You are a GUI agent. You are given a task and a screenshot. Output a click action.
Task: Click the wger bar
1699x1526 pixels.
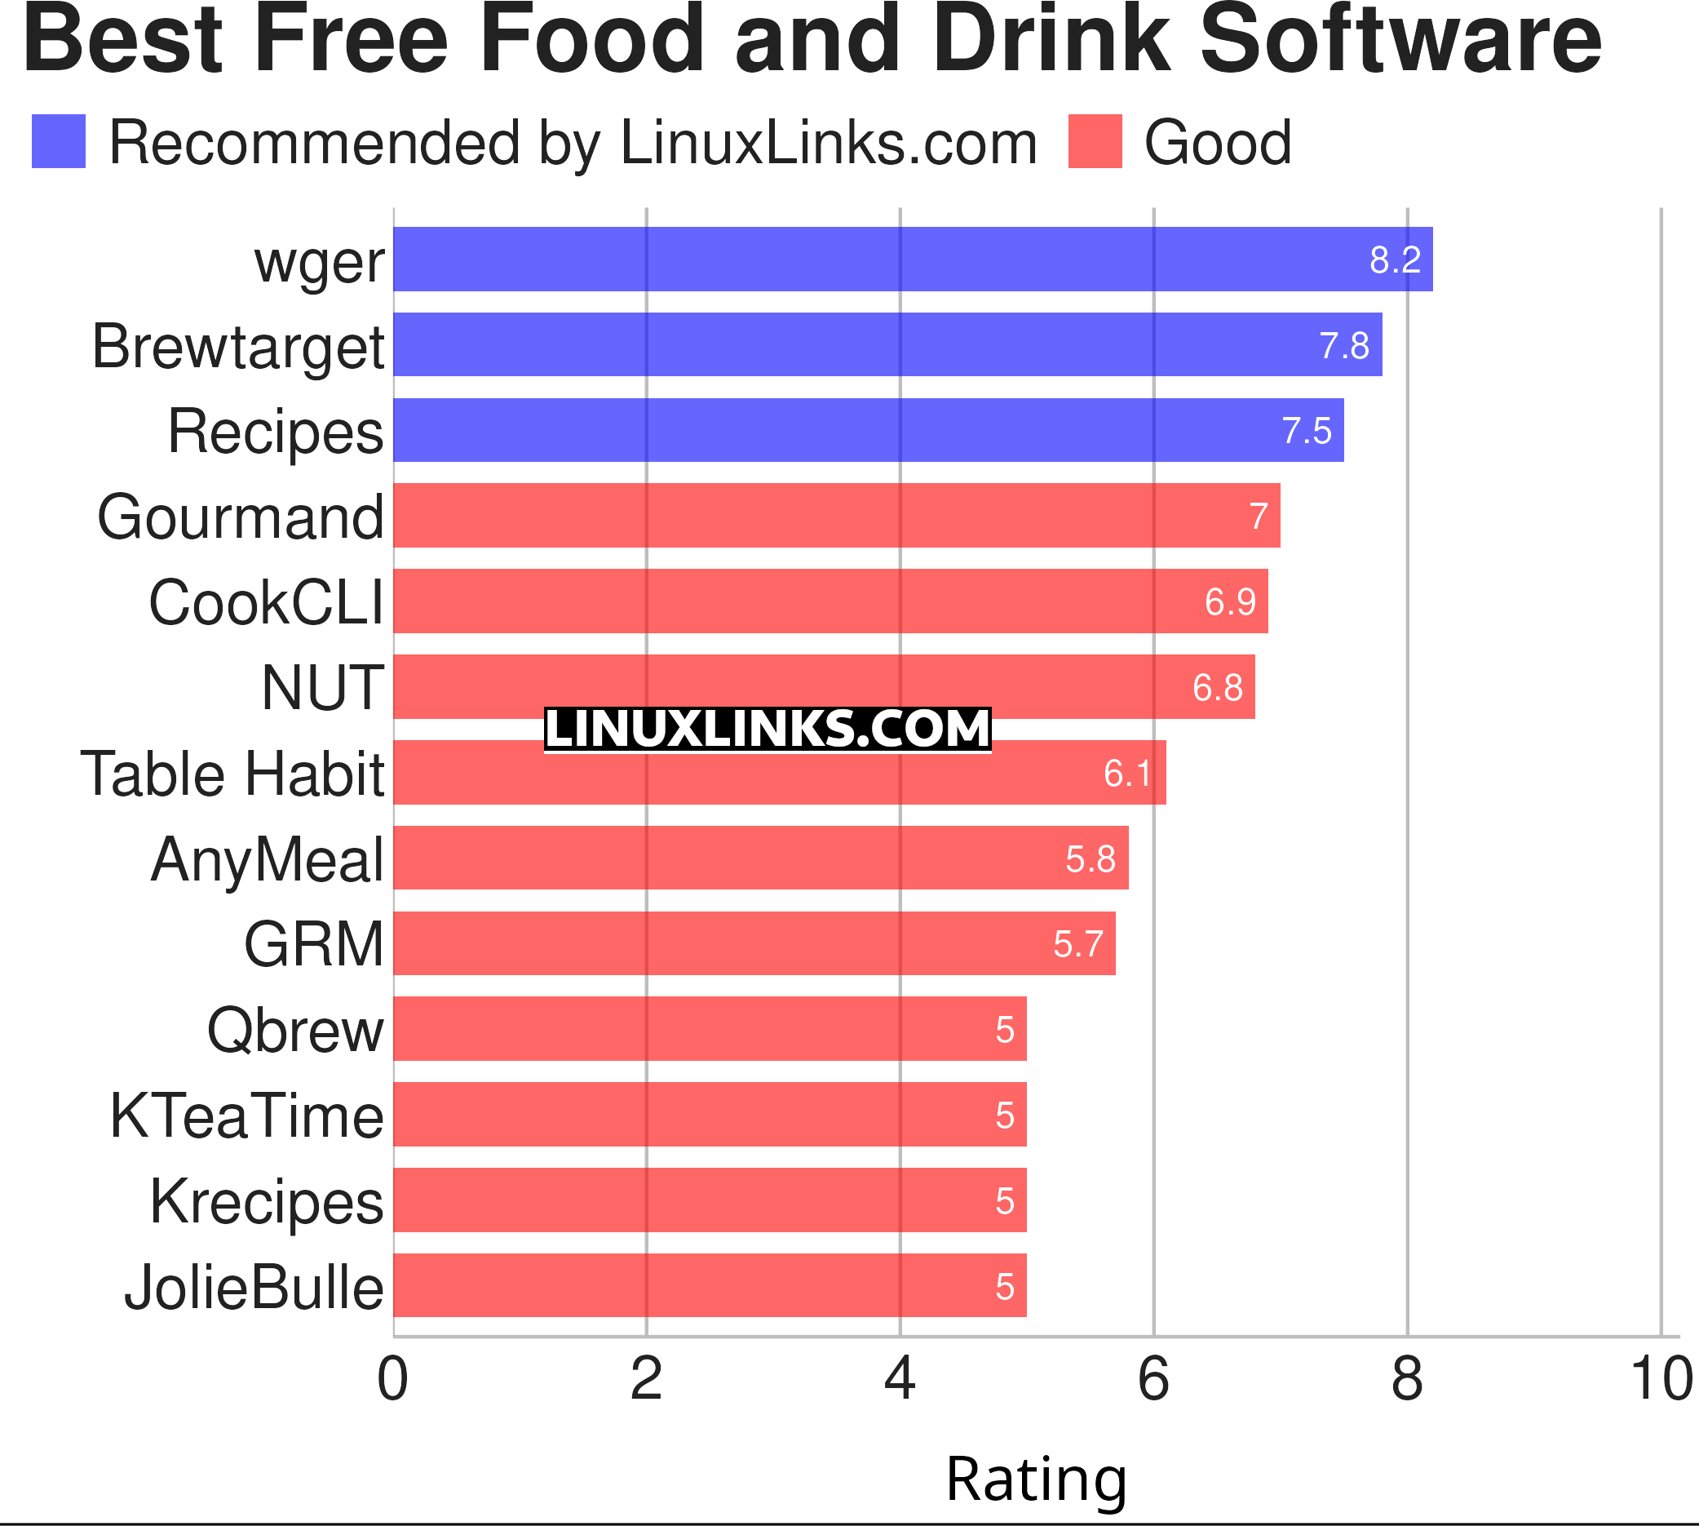912,259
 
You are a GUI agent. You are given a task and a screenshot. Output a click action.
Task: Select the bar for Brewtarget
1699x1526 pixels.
887,344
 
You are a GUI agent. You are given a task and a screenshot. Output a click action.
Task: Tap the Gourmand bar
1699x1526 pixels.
836,516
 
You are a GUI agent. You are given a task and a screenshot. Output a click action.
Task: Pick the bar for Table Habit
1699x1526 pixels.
779,772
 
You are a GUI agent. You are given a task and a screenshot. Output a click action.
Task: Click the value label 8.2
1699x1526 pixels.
1395,260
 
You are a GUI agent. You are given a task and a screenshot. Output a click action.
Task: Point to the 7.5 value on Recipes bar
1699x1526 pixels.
1306,431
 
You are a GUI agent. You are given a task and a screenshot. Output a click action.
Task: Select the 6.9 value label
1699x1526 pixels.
1230,602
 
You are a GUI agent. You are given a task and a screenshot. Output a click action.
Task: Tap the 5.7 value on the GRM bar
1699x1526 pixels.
1078,945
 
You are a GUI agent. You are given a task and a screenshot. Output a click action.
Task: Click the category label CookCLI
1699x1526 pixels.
267,603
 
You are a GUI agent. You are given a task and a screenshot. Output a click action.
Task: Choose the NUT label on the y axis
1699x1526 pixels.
323,689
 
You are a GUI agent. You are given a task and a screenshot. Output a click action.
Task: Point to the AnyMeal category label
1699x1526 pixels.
268,860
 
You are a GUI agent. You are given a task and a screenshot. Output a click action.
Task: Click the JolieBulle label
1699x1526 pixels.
254,1288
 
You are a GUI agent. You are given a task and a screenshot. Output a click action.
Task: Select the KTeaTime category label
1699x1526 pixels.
247,1116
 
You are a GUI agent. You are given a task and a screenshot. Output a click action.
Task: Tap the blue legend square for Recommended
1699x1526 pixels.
59,141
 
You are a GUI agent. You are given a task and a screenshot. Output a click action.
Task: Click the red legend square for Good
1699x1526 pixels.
1095,141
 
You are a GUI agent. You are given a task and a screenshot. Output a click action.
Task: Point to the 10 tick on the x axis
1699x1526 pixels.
1661,1380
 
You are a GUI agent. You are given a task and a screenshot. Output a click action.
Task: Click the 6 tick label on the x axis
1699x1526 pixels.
1153,1380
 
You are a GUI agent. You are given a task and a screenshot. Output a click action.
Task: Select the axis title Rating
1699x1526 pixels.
1036,1479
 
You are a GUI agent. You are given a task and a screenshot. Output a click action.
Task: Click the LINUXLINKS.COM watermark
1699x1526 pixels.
767,729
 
